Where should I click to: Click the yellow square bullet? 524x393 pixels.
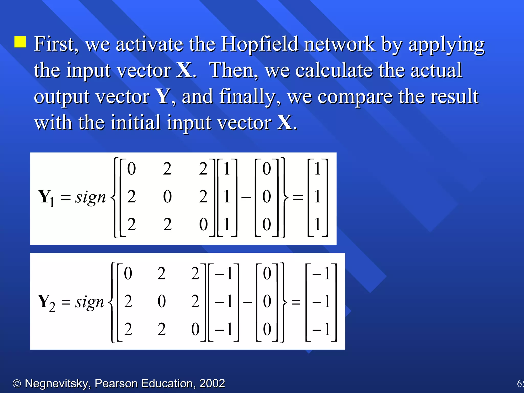(x=20, y=42)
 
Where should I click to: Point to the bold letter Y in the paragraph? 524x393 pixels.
(x=163, y=96)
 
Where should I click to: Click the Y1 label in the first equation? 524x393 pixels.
(x=46, y=198)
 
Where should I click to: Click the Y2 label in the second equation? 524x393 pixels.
(x=46, y=302)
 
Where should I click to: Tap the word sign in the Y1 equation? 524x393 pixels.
(x=90, y=198)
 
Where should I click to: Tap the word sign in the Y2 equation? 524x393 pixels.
(x=89, y=302)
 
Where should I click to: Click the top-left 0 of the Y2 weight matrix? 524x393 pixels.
(x=128, y=273)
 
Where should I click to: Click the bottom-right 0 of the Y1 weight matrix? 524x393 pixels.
(x=203, y=224)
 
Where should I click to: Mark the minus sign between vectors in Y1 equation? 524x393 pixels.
(x=246, y=197)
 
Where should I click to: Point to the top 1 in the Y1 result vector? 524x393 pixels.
(x=318, y=169)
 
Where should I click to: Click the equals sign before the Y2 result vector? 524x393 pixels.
(x=296, y=302)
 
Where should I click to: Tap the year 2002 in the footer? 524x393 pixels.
(x=212, y=383)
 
